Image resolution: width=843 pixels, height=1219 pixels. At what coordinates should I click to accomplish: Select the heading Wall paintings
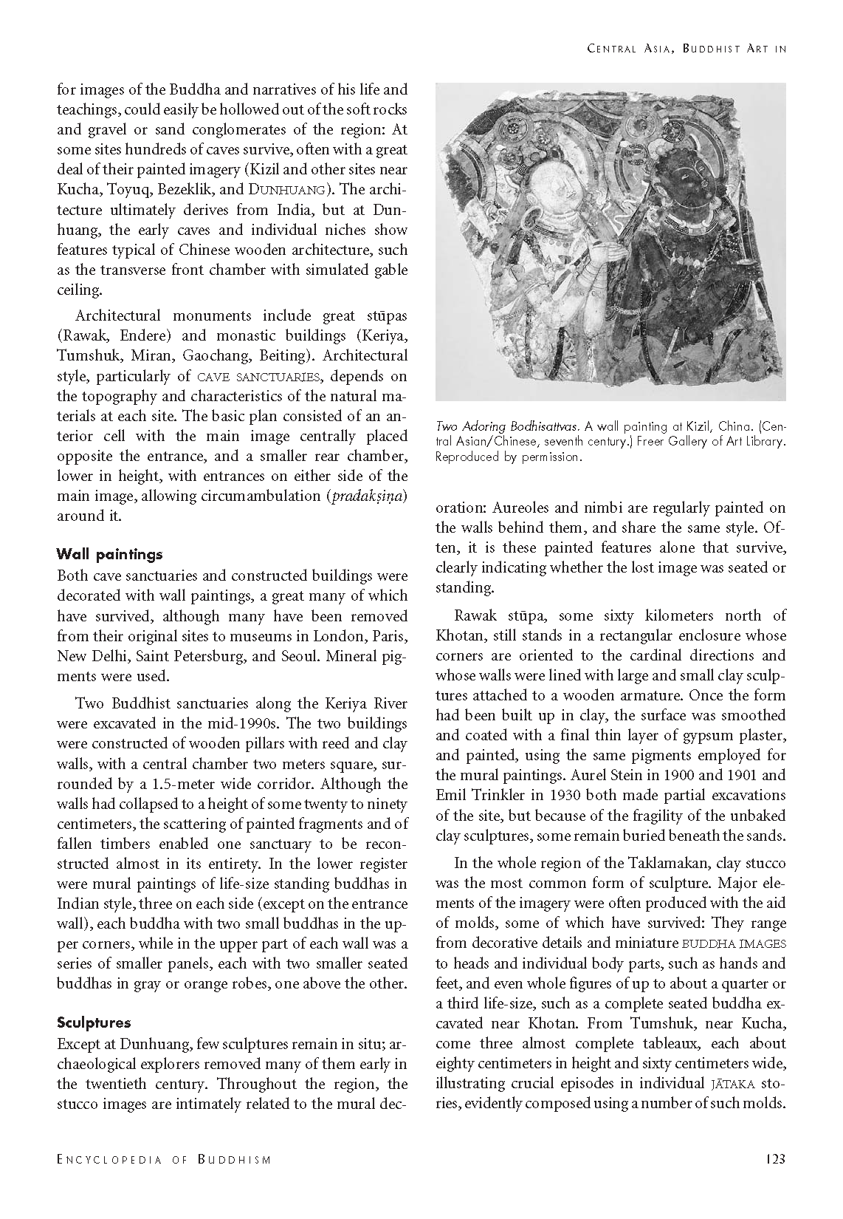(109, 554)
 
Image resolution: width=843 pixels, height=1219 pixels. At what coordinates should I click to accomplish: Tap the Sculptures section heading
(94, 1022)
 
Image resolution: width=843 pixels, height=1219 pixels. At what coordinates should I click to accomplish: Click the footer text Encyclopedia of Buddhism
(164, 1160)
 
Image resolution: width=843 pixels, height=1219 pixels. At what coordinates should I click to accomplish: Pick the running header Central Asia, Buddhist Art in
(686, 49)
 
